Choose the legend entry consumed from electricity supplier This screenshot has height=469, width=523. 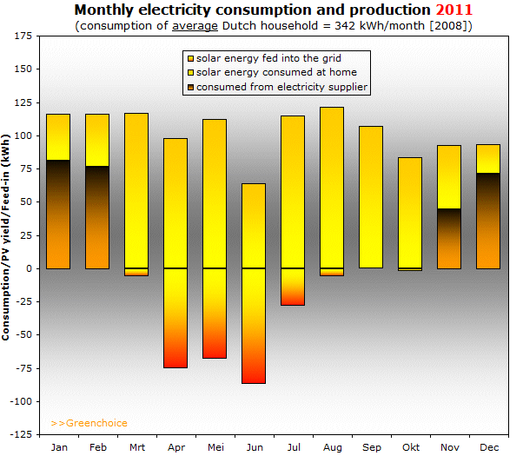point(276,87)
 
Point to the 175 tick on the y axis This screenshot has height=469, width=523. point(23,36)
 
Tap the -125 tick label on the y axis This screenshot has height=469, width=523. point(21,433)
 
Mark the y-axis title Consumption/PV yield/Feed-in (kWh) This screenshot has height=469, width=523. point(7,237)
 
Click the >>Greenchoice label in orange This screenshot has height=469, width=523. point(89,423)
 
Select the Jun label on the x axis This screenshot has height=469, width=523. point(254,447)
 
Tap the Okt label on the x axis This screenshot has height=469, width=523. point(410,447)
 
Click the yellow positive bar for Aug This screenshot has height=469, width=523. point(332,187)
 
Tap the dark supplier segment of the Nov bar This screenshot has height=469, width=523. point(449,239)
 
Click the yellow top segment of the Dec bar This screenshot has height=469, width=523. point(488,158)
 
